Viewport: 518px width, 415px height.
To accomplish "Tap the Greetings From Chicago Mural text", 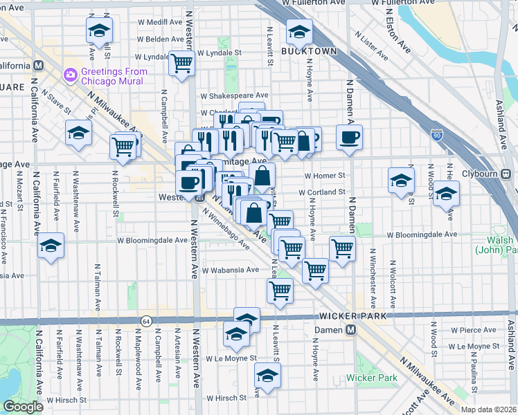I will click(112, 76).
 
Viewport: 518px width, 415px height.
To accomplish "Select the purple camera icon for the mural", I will click(70, 73).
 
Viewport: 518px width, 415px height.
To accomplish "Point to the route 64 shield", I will click(146, 322).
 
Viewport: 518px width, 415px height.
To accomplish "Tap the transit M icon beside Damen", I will click(351, 330).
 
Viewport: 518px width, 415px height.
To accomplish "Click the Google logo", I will click(23, 407).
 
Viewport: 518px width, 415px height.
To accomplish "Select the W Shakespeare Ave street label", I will click(234, 95).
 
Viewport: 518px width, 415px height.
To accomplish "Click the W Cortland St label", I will click(322, 192).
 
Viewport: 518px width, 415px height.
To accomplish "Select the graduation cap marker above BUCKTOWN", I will click(299, 31).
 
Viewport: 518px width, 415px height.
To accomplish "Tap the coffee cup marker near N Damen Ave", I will click(350, 136).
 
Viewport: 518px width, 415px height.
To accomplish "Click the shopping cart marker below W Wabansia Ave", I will click(280, 290).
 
